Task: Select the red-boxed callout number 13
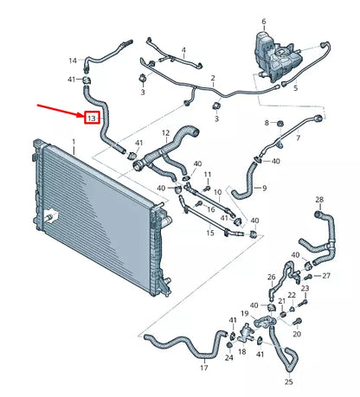click(x=92, y=117)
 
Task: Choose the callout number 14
click(x=73, y=61)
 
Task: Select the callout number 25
click(x=288, y=381)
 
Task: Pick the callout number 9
click(x=264, y=188)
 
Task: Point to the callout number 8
click(x=268, y=122)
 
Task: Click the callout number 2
click(x=213, y=80)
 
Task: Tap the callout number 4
click(x=183, y=51)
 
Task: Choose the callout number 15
click(x=209, y=234)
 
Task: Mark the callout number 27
click(x=326, y=276)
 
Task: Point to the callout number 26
click(x=271, y=278)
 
